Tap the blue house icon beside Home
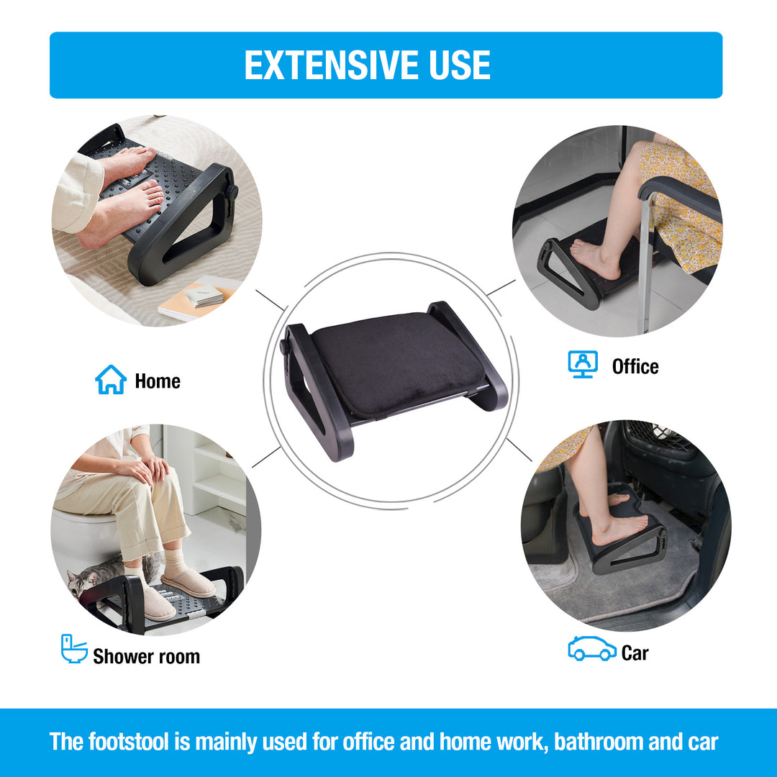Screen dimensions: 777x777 coord(111,380)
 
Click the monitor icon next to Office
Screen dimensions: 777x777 coord(582,364)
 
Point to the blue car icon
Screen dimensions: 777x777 coord(591,649)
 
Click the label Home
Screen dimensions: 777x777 coord(158,381)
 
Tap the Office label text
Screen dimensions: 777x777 coord(635,366)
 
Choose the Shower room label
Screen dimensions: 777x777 coord(146,656)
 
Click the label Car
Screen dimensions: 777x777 coord(635,653)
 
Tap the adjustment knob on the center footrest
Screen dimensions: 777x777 coord(284,347)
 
